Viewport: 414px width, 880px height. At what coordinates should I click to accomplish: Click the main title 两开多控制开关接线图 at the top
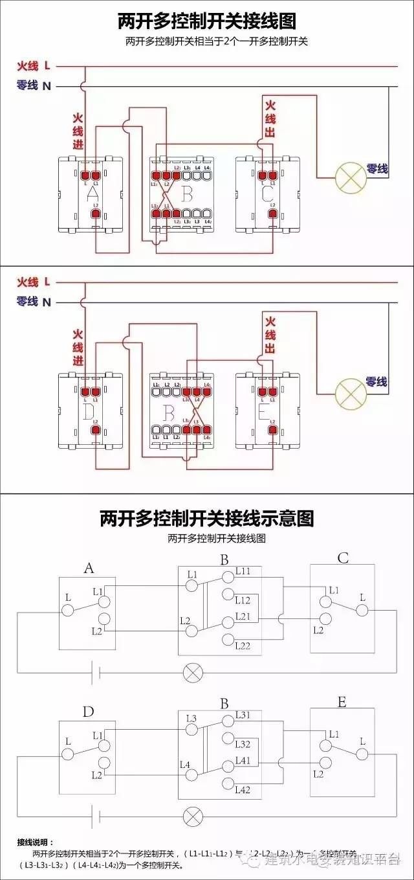point(207,21)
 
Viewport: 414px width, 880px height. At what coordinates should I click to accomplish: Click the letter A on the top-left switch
point(92,194)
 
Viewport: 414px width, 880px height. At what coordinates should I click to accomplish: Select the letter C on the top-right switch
point(267,194)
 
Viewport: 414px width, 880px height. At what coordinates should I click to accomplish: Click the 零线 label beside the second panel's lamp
point(376,382)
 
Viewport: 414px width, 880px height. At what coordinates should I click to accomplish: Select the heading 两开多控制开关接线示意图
point(207,518)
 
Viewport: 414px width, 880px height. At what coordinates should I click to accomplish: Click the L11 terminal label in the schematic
point(243,570)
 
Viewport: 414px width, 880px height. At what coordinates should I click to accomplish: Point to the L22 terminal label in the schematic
point(243,646)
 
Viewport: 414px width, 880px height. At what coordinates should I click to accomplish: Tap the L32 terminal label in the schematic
point(243,744)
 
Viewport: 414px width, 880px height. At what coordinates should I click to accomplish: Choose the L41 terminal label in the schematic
point(243,760)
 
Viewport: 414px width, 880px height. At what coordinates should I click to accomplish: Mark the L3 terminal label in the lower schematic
point(191,718)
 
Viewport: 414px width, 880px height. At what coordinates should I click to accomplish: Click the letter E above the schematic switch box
point(342,703)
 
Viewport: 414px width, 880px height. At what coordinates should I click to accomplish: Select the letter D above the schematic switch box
point(89,712)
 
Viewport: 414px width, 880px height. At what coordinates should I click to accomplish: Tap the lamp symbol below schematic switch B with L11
point(193,672)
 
